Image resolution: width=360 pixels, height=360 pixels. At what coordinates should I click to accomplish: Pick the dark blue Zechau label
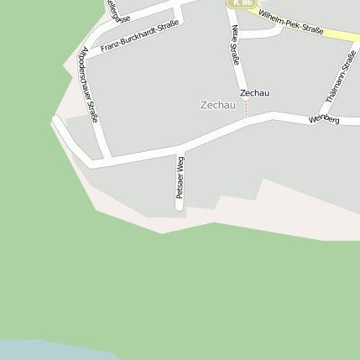click(x=255, y=92)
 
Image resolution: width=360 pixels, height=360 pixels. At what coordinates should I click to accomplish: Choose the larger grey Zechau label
click(x=218, y=105)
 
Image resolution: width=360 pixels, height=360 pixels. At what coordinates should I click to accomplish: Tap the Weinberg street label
click(x=324, y=121)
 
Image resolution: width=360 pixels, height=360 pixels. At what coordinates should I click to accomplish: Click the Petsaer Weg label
click(x=180, y=176)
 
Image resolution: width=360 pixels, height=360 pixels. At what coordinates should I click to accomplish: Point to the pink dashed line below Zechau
click(x=246, y=107)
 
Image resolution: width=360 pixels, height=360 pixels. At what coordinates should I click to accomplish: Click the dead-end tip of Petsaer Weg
click(x=180, y=206)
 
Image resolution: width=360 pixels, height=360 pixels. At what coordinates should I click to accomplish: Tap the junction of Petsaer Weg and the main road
click(x=179, y=148)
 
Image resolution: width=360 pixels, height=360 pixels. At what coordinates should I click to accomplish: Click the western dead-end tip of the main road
click(x=55, y=121)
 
